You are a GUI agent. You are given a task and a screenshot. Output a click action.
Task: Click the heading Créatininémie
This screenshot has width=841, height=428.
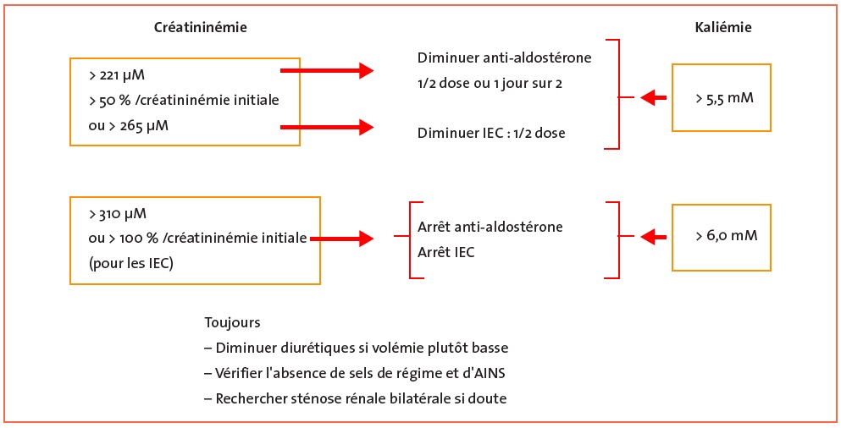tap(201, 27)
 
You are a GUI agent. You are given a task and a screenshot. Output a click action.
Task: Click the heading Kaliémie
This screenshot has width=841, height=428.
tap(723, 28)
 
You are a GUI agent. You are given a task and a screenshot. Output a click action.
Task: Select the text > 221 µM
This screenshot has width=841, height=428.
tap(116, 75)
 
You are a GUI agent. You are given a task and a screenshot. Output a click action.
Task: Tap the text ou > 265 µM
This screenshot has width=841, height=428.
tap(128, 128)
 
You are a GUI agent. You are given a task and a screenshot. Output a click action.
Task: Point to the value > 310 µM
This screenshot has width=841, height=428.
tap(118, 214)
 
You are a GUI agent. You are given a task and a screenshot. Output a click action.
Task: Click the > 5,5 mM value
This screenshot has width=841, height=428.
tap(725, 98)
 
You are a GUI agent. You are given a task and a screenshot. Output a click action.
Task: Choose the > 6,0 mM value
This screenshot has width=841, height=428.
tap(726, 236)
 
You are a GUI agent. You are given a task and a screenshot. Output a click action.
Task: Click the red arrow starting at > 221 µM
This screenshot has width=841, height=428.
tap(327, 70)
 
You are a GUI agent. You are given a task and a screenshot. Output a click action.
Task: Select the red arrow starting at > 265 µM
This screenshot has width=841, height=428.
tap(327, 128)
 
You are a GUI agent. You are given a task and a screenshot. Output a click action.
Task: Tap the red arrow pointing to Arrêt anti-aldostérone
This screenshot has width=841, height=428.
tap(341, 239)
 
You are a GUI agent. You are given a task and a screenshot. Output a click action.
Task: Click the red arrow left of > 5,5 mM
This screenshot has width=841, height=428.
tap(654, 98)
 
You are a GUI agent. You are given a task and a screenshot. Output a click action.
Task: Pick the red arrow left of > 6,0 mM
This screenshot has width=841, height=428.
tap(654, 236)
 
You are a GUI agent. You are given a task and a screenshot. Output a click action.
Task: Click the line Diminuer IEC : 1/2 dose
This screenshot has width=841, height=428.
tap(491, 133)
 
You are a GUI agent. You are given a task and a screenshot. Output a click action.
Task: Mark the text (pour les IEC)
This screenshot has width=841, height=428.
tap(131, 265)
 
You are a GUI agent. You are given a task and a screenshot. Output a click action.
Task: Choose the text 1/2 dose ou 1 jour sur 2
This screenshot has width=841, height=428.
tap(490, 84)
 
